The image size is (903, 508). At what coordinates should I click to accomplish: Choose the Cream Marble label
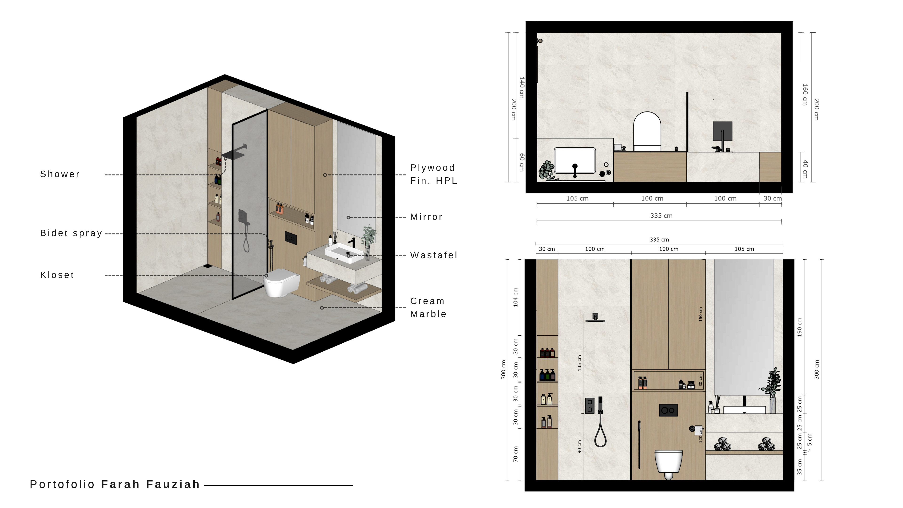(428, 307)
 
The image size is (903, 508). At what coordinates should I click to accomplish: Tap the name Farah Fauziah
(150, 484)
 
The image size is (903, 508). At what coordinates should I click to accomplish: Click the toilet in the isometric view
(281, 282)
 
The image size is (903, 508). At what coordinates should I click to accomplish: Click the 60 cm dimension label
(522, 162)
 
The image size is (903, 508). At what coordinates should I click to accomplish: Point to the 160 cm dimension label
(805, 94)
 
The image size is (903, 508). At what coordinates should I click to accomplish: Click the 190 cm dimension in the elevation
(800, 327)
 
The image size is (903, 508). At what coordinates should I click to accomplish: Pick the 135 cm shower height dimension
(579, 363)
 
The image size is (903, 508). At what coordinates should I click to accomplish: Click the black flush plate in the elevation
(668, 410)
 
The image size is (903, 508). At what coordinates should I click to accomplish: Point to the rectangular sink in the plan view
(575, 161)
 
